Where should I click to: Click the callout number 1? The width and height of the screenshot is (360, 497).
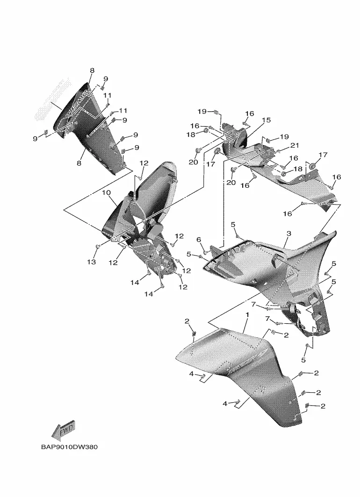[x=246, y=316]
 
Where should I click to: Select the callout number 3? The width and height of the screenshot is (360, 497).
[x=289, y=233]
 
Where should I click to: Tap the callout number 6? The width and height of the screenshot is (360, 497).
[x=199, y=240]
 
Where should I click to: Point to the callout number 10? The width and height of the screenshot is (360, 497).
[x=106, y=192]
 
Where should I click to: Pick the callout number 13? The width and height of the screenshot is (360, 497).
[x=92, y=262]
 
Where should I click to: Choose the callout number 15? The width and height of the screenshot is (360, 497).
[x=266, y=120]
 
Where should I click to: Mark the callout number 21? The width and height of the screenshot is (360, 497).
[x=295, y=145]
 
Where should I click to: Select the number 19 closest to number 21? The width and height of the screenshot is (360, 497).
[x=284, y=137]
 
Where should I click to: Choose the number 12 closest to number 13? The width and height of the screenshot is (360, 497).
[x=113, y=263]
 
